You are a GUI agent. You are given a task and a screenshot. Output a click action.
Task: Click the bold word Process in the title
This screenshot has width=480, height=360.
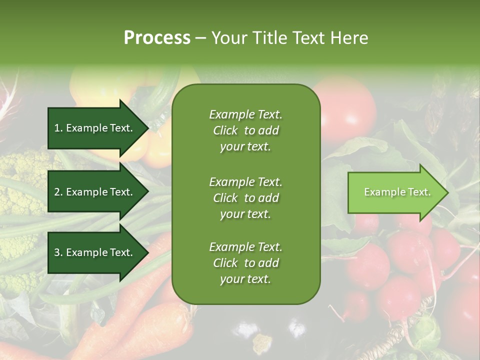pos(157,38)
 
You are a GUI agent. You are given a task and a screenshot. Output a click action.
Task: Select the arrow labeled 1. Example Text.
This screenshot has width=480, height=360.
pos(95,128)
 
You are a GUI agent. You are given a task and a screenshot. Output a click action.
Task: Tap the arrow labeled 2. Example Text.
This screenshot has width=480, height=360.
pos(95,192)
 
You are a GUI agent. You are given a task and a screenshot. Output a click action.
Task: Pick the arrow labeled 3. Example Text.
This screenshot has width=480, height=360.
pos(95,252)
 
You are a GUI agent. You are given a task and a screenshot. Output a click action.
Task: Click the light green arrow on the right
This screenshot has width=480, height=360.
pos(395,192)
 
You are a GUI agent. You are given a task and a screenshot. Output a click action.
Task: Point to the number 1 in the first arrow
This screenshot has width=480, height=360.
pos(57,128)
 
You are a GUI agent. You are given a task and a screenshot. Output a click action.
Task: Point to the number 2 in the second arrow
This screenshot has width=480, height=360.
pos(57,192)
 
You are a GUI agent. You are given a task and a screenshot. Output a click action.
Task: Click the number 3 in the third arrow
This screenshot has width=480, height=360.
pos(57,252)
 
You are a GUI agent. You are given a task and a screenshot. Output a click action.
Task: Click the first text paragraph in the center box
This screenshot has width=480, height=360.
pos(245,130)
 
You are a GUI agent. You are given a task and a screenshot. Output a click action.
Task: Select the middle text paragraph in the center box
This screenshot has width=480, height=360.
pos(245,198)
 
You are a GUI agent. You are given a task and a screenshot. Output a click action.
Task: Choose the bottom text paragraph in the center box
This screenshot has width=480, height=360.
pos(245,263)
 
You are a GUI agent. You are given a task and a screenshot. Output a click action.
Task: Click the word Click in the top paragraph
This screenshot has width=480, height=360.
pos(225,130)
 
